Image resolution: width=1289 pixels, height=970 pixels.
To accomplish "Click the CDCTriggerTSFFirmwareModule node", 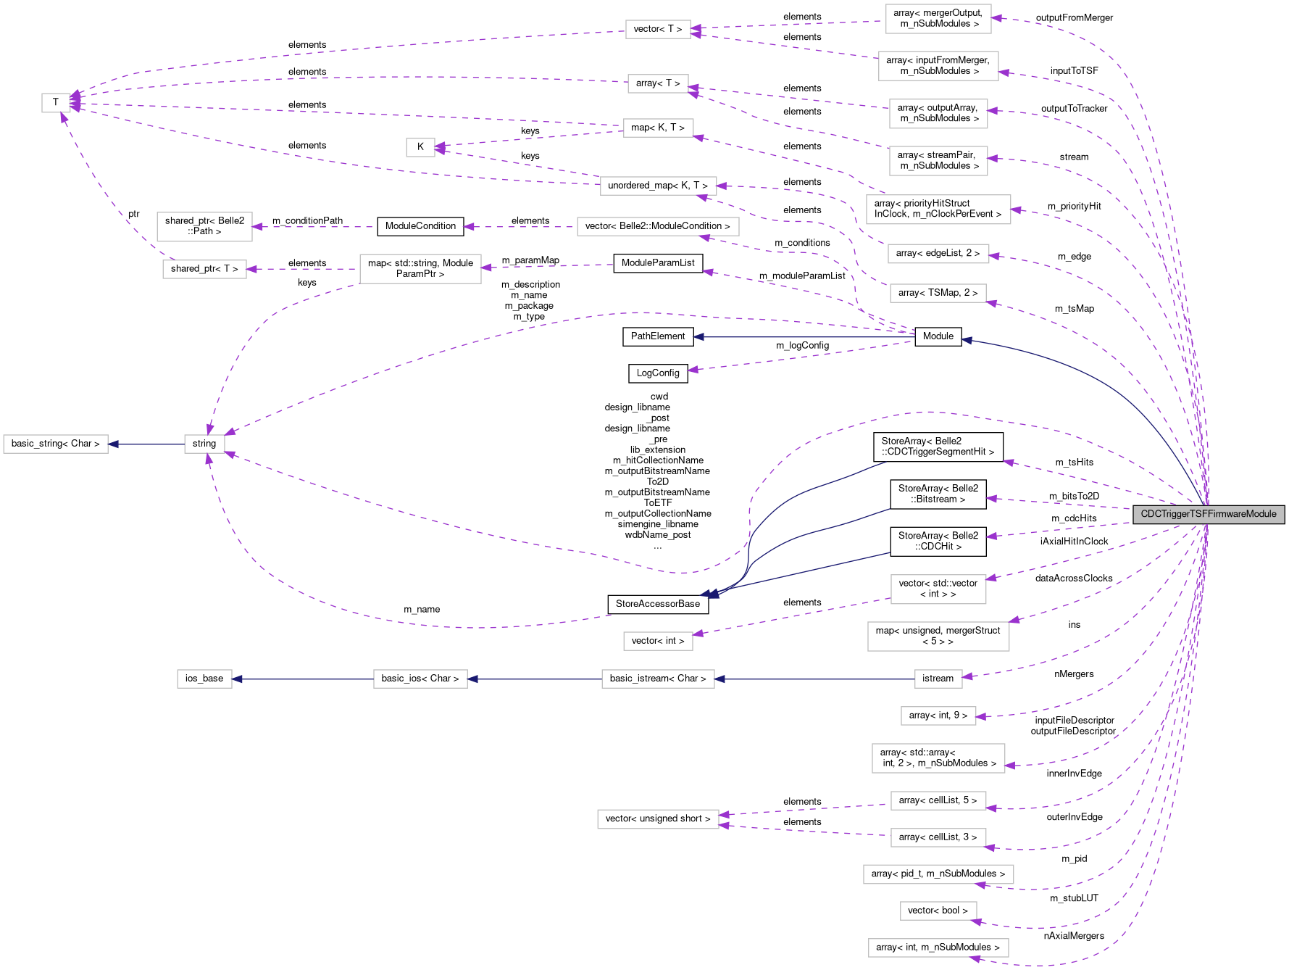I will [x=1208, y=514].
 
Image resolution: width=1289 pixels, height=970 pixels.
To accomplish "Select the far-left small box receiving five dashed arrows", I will [x=56, y=103].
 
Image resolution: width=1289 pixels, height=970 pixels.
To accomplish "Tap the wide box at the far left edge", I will [x=56, y=444].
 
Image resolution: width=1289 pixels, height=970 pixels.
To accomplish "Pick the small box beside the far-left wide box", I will [x=204, y=444].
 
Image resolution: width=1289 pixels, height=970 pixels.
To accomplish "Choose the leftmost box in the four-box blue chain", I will [x=204, y=679].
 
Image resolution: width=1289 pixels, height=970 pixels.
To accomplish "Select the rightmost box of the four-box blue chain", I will [x=938, y=679].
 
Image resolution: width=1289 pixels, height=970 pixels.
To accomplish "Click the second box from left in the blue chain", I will [x=420, y=679].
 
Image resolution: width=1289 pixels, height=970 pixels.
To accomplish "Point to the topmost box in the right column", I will [x=938, y=19].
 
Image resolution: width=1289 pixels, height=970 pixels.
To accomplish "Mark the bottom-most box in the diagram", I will [x=938, y=948].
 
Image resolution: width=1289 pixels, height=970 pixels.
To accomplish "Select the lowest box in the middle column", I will [x=658, y=819].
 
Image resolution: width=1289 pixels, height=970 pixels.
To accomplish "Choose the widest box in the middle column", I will [x=658, y=226].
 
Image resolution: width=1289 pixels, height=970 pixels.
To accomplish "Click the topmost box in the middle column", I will [x=658, y=29].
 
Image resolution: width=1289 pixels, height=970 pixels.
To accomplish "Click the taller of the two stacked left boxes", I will [x=204, y=227].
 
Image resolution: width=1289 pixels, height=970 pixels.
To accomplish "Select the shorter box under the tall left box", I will [x=204, y=269].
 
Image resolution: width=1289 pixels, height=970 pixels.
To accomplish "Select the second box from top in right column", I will [x=938, y=66].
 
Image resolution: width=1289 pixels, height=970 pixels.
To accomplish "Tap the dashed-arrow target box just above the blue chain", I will [x=658, y=641].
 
